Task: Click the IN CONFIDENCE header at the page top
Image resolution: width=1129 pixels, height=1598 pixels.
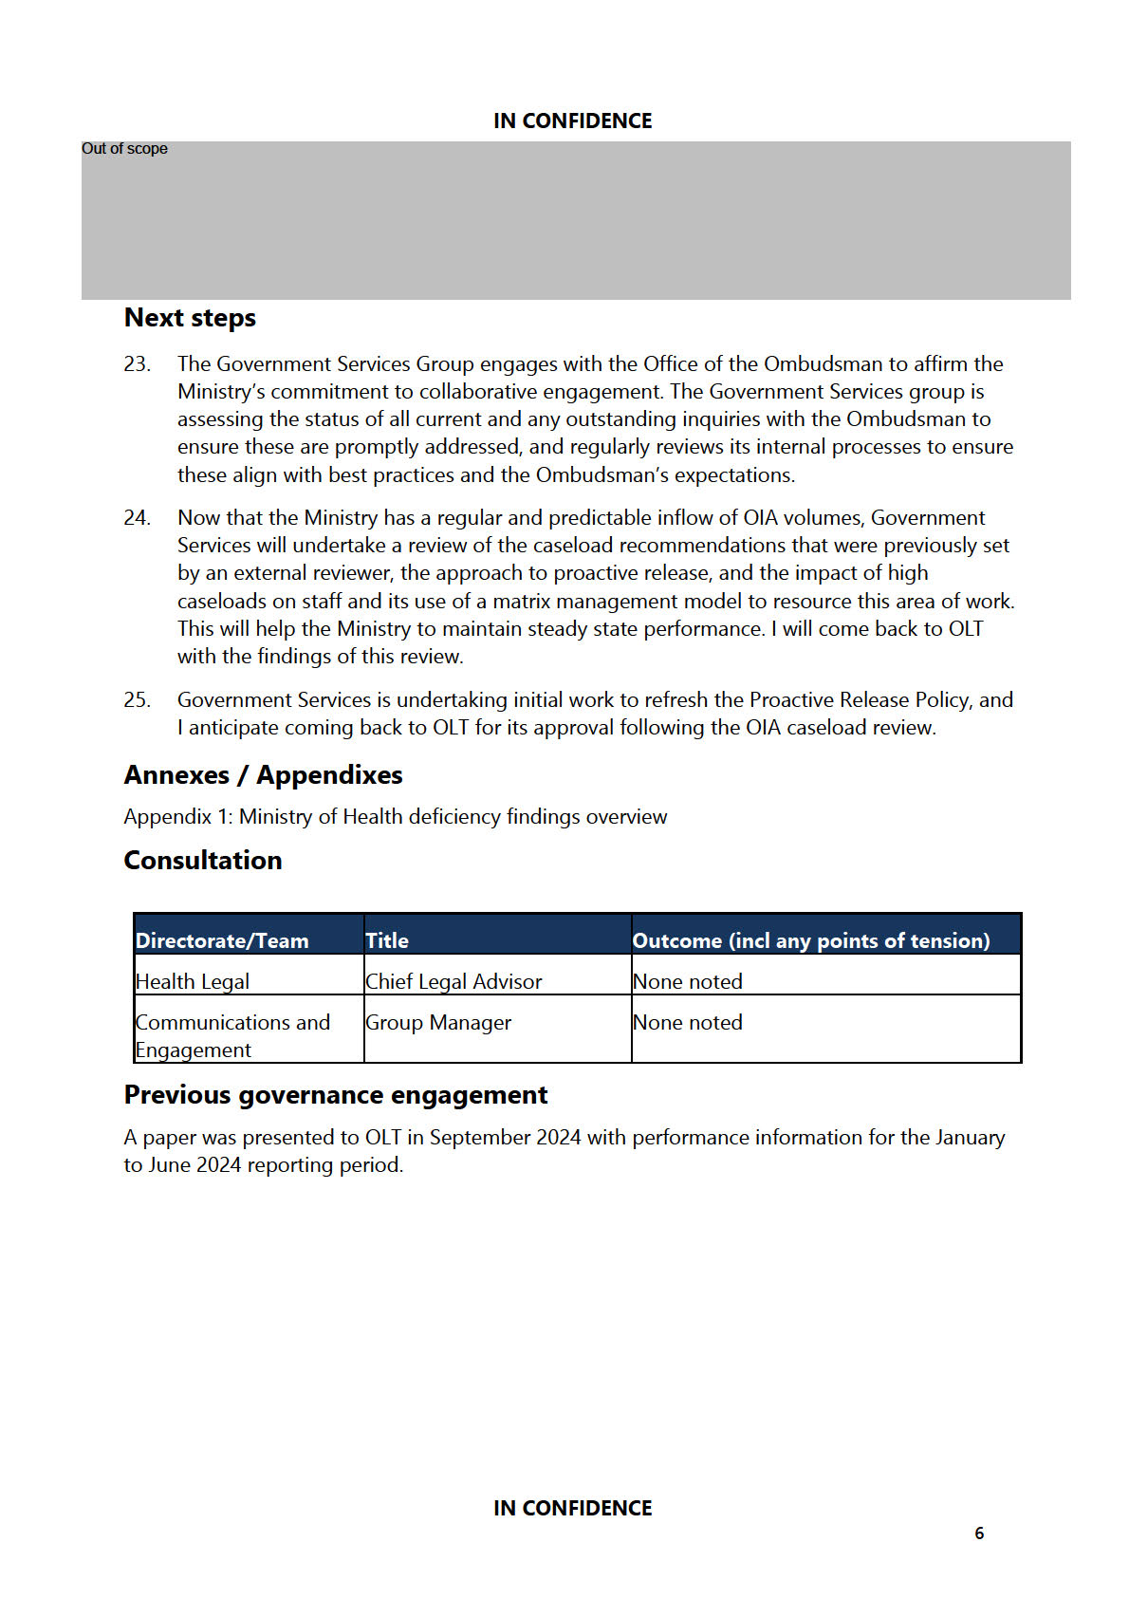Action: coord(572,121)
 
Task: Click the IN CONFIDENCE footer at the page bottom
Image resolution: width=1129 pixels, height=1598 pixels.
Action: coord(572,1508)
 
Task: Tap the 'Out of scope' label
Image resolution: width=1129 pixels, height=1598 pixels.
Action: coord(124,149)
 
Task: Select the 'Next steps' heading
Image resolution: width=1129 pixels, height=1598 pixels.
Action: coord(190,318)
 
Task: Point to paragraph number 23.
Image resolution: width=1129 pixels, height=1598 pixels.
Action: coord(137,364)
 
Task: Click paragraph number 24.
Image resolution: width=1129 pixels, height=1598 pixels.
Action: coord(137,518)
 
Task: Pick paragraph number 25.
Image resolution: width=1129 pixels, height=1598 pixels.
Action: coord(137,700)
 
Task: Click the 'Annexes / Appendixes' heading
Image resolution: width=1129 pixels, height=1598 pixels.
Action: coord(263,775)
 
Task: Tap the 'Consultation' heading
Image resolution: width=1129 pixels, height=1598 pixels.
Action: coord(203,861)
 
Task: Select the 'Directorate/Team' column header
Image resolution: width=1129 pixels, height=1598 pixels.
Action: coord(222,940)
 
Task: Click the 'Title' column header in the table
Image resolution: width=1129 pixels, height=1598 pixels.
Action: coord(387,940)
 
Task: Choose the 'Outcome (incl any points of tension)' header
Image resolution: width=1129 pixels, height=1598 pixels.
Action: coord(811,940)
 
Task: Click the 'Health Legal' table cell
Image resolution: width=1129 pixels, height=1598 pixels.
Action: coord(193,981)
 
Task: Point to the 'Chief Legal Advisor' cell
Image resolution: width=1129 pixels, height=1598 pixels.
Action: coord(453,981)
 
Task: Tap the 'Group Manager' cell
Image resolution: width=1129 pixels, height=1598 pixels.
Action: coord(438,1023)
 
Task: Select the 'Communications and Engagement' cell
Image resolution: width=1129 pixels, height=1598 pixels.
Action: coord(232,1036)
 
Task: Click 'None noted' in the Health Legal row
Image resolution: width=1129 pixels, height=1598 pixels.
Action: coord(688,981)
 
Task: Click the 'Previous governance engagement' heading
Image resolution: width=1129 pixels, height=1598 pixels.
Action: coord(336,1095)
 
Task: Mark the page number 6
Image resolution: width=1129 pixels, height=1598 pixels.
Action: coord(979,1533)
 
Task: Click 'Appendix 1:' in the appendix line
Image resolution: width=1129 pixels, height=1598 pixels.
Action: coord(178,817)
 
